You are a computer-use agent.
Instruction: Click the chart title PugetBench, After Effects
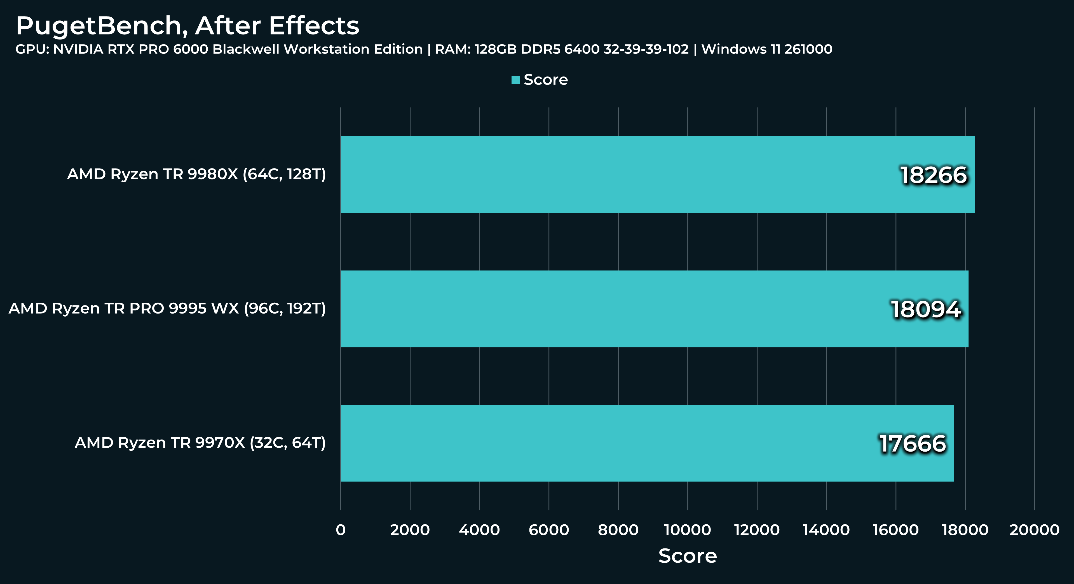(187, 26)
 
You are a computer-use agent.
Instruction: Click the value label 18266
(933, 175)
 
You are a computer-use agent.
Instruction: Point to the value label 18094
(926, 310)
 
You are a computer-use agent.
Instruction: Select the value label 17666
(913, 444)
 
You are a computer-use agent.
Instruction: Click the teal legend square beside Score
(515, 80)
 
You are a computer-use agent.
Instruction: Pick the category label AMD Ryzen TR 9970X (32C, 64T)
(200, 443)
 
